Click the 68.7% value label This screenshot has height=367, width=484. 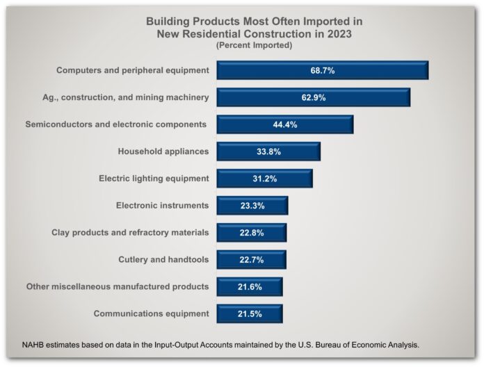(x=323, y=71)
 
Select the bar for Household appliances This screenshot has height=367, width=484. (x=268, y=152)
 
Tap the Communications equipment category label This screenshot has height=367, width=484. (x=151, y=313)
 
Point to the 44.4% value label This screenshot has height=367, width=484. (x=285, y=124)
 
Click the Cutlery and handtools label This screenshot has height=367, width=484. (x=164, y=260)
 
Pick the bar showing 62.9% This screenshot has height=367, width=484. (x=313, y=97)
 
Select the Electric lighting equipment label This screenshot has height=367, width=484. (x=154, y=179)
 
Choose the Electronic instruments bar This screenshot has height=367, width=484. (x=252, y=206)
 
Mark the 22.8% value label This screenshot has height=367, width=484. (x=252, y=233)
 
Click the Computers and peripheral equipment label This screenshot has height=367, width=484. (x=132, y=70)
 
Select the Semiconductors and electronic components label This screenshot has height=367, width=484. (x=116, y=124)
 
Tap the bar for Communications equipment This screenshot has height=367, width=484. (x=250, y=313)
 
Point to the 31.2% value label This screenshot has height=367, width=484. (x=265, y=179)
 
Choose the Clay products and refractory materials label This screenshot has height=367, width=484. (x=130, y=233)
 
